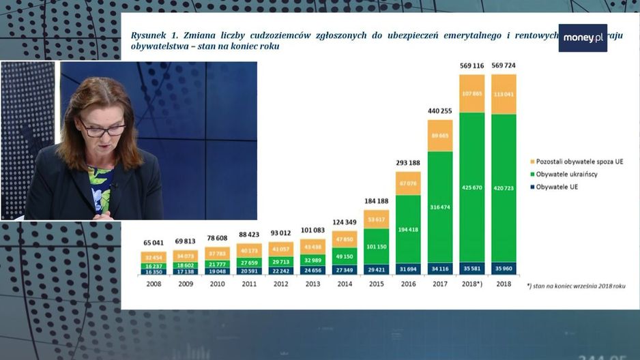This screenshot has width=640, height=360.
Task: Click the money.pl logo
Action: [x=582, y=38]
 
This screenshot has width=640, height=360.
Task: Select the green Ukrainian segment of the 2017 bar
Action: [x=440, y=207]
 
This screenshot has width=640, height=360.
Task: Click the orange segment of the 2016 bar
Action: [x=408, y=183]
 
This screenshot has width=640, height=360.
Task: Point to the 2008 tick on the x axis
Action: [x=154, y=284]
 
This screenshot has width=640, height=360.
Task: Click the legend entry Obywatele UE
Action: [x=558, y=187]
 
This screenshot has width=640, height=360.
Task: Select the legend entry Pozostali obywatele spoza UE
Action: [x=579, y=162]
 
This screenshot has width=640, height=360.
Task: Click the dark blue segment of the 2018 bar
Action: [x=504, y=268]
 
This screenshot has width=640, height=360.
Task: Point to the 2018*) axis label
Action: [x=472, y=284]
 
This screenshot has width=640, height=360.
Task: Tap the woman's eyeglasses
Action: [x=102, y=128]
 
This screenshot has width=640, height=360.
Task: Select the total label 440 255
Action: [x=440, y=111]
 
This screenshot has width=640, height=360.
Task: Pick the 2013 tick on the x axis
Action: [x=313, y=284]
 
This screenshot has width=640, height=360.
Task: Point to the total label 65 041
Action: [x=154, y=242]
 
